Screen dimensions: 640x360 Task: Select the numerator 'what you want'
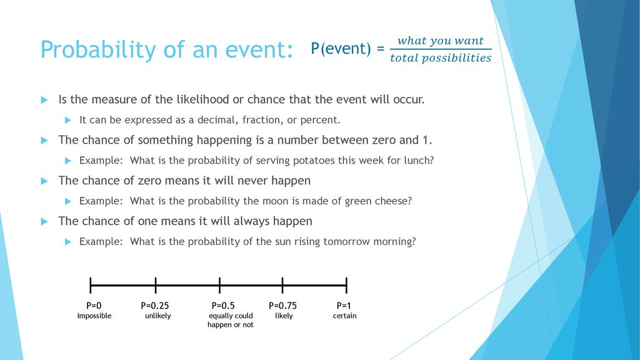[x=441, y=41]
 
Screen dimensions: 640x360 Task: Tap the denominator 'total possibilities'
[x=441, y=58]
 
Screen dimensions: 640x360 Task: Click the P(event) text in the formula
[x=341, y=49]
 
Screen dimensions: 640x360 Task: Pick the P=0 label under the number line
[x=94, y=306]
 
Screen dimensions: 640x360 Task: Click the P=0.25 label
[x=155, y=306]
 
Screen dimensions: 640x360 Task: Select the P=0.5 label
[x=223, y=306]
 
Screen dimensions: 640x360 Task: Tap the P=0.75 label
[x=283, y=306]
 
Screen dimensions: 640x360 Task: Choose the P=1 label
[x=344, y=306]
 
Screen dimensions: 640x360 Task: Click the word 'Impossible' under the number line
[x=94, y=316]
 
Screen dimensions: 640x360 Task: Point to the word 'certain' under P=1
[x=344, y=316]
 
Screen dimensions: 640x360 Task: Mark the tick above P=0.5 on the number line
[x=219, y=285]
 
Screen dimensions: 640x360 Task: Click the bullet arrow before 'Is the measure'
[x=44, y=100]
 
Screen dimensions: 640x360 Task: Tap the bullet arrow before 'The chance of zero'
[x=44, y=181]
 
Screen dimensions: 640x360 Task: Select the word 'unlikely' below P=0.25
[x=158, y=316]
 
